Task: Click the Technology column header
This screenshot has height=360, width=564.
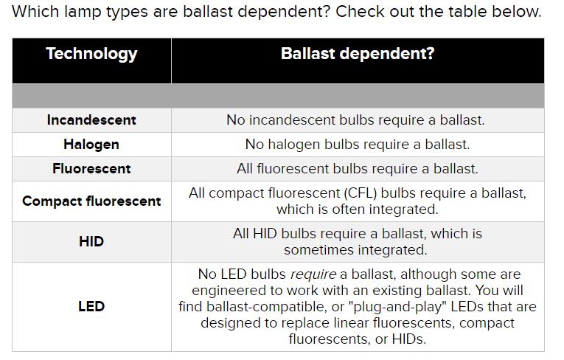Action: [x=91, y=55]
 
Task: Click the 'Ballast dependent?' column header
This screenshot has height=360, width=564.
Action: [x=358, y=54]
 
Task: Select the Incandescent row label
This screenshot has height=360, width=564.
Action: [x=91, y=120]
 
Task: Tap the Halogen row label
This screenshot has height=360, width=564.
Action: [x=91, y=145]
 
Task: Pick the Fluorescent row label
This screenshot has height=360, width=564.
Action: [x=91, y=168]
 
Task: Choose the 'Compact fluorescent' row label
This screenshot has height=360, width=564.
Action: [x=91, y=201]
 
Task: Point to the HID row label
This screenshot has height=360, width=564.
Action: [x=91, y=241]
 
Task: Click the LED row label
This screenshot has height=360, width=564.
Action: [x=91, y=306]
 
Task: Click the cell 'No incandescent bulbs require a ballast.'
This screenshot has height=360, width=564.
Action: [x=355, y=120]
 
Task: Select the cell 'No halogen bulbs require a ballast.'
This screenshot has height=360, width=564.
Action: [x=358, y=145]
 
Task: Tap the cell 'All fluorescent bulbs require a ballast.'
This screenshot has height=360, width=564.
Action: [x=358, y=168]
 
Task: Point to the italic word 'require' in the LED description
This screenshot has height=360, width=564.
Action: [x=313, y=274]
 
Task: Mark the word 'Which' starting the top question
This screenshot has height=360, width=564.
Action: [x=35, y=12]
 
